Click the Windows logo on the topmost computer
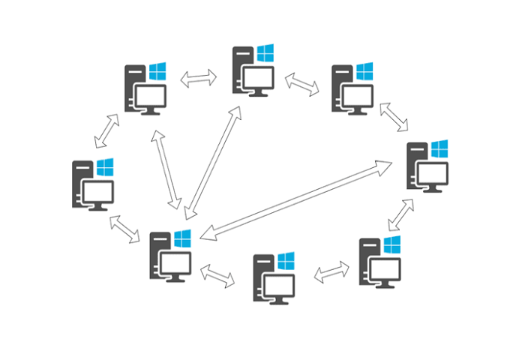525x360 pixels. [265, 52]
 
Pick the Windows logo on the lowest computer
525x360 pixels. [286, 262]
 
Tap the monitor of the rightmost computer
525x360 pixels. [433, 175]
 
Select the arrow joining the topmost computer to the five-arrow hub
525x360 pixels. [212, 161]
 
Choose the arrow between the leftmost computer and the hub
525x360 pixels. [125, 229]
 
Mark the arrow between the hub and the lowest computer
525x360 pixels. [217, 276]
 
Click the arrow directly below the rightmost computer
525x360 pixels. [401, 214]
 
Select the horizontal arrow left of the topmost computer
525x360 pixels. [198, 78]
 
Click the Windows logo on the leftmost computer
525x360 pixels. [105, 166]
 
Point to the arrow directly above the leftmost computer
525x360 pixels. [106, 130]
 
